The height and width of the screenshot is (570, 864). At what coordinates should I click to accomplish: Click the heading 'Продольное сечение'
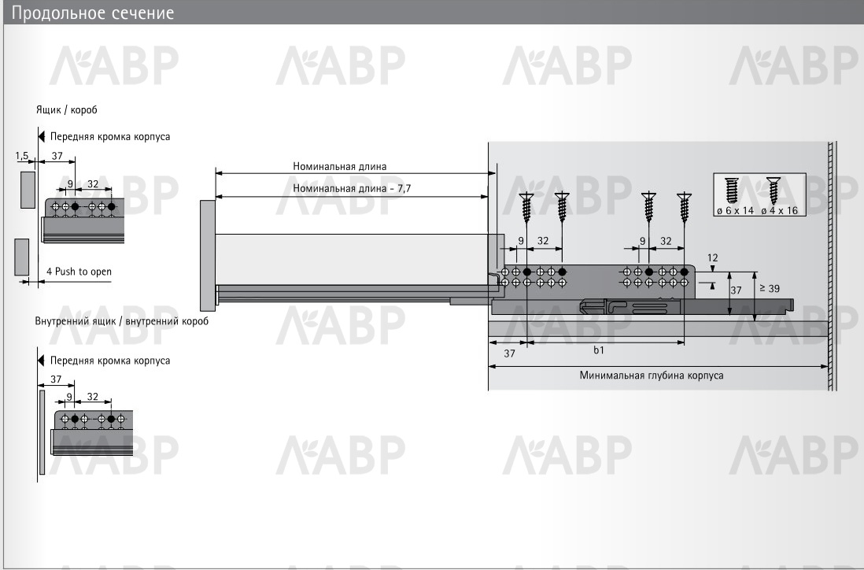tap(93, 13)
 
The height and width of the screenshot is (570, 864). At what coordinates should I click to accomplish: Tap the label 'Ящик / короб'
tap(67, 109)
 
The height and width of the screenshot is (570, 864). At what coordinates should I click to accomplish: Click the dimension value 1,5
tap(22, 156)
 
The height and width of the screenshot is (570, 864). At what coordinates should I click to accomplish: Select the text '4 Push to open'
tap(79, 271)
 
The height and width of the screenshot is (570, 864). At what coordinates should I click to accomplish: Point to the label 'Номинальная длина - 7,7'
tap(352, 188)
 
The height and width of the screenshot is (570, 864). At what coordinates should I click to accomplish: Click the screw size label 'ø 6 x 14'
tap(735, 210)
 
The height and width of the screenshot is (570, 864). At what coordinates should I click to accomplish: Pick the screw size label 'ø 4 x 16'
tap(779, 210)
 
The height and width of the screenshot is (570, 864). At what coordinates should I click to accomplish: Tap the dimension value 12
tap(712, 257)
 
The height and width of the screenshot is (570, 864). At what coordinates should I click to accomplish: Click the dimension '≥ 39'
tap(770, 288)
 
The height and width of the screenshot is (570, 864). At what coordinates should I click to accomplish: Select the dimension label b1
tap(599, 350)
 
